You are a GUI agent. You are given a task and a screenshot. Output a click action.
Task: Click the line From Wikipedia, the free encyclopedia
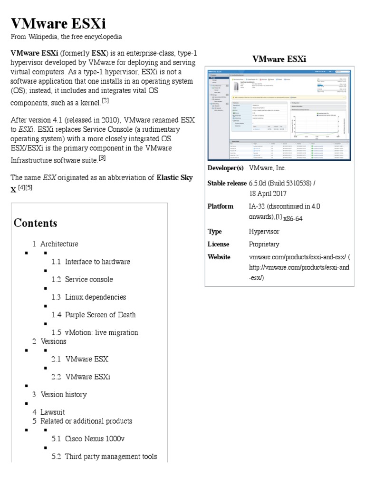(x=67, y=37)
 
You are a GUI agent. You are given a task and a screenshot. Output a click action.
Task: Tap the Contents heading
(x=36, y=223)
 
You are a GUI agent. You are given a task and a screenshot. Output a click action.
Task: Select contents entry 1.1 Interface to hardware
(x=91, y=262)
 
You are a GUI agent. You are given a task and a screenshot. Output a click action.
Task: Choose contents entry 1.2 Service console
(x=82, y=279)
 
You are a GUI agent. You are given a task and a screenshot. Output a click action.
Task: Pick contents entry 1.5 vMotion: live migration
(x=95, y=332)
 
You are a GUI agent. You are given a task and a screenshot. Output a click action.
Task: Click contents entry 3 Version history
(x=59, y=394)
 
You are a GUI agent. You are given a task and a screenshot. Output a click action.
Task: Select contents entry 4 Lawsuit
(x=48, y=412)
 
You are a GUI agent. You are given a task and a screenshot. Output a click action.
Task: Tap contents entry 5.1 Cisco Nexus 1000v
(x=88, y=438)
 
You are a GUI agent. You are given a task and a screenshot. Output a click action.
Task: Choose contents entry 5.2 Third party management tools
(x=104, y=457)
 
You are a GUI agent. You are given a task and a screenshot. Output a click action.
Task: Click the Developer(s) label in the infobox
(x=226, y=168)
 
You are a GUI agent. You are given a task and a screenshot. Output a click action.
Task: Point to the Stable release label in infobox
(x=227, y=183)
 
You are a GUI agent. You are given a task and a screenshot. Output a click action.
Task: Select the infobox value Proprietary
(x=264, y=244)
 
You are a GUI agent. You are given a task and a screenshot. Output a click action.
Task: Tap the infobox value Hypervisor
(x=264, y=232)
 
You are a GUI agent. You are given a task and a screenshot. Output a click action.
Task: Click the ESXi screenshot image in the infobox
(x=279, y=114)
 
